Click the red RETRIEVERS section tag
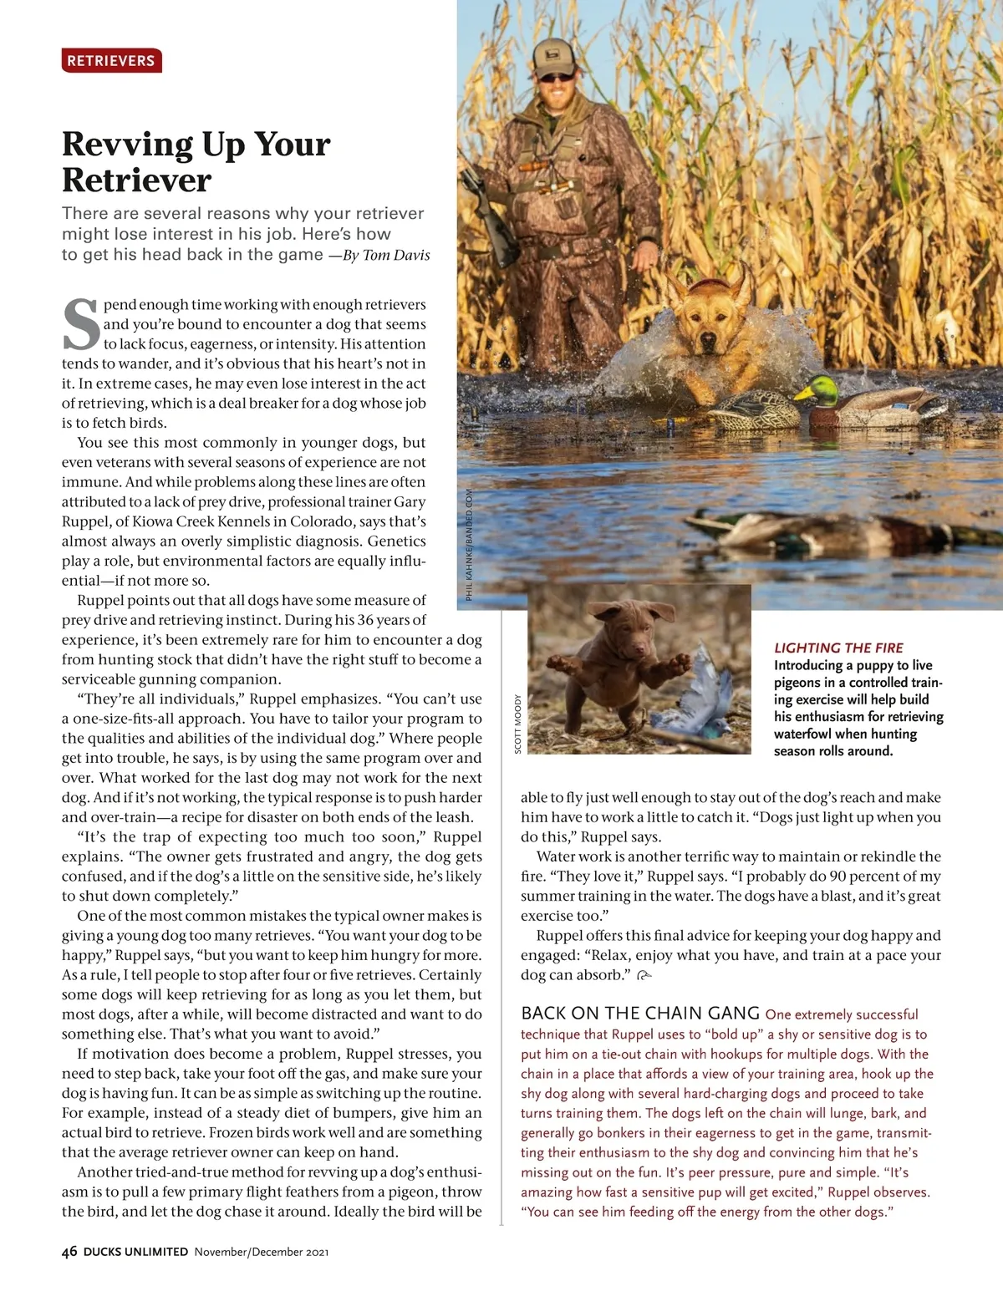coord(111,61)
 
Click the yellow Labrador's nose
coord(709,341)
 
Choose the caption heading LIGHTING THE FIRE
coord(838,648)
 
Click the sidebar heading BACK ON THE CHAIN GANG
coord(639,1014)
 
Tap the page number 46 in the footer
coord(69,1252)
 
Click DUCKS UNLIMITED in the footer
coord(135,1252)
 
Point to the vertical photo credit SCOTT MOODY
coord(518,724)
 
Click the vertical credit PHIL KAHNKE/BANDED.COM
coord(470,544)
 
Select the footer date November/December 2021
coord(261,1252)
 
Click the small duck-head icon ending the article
coord(644,975)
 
